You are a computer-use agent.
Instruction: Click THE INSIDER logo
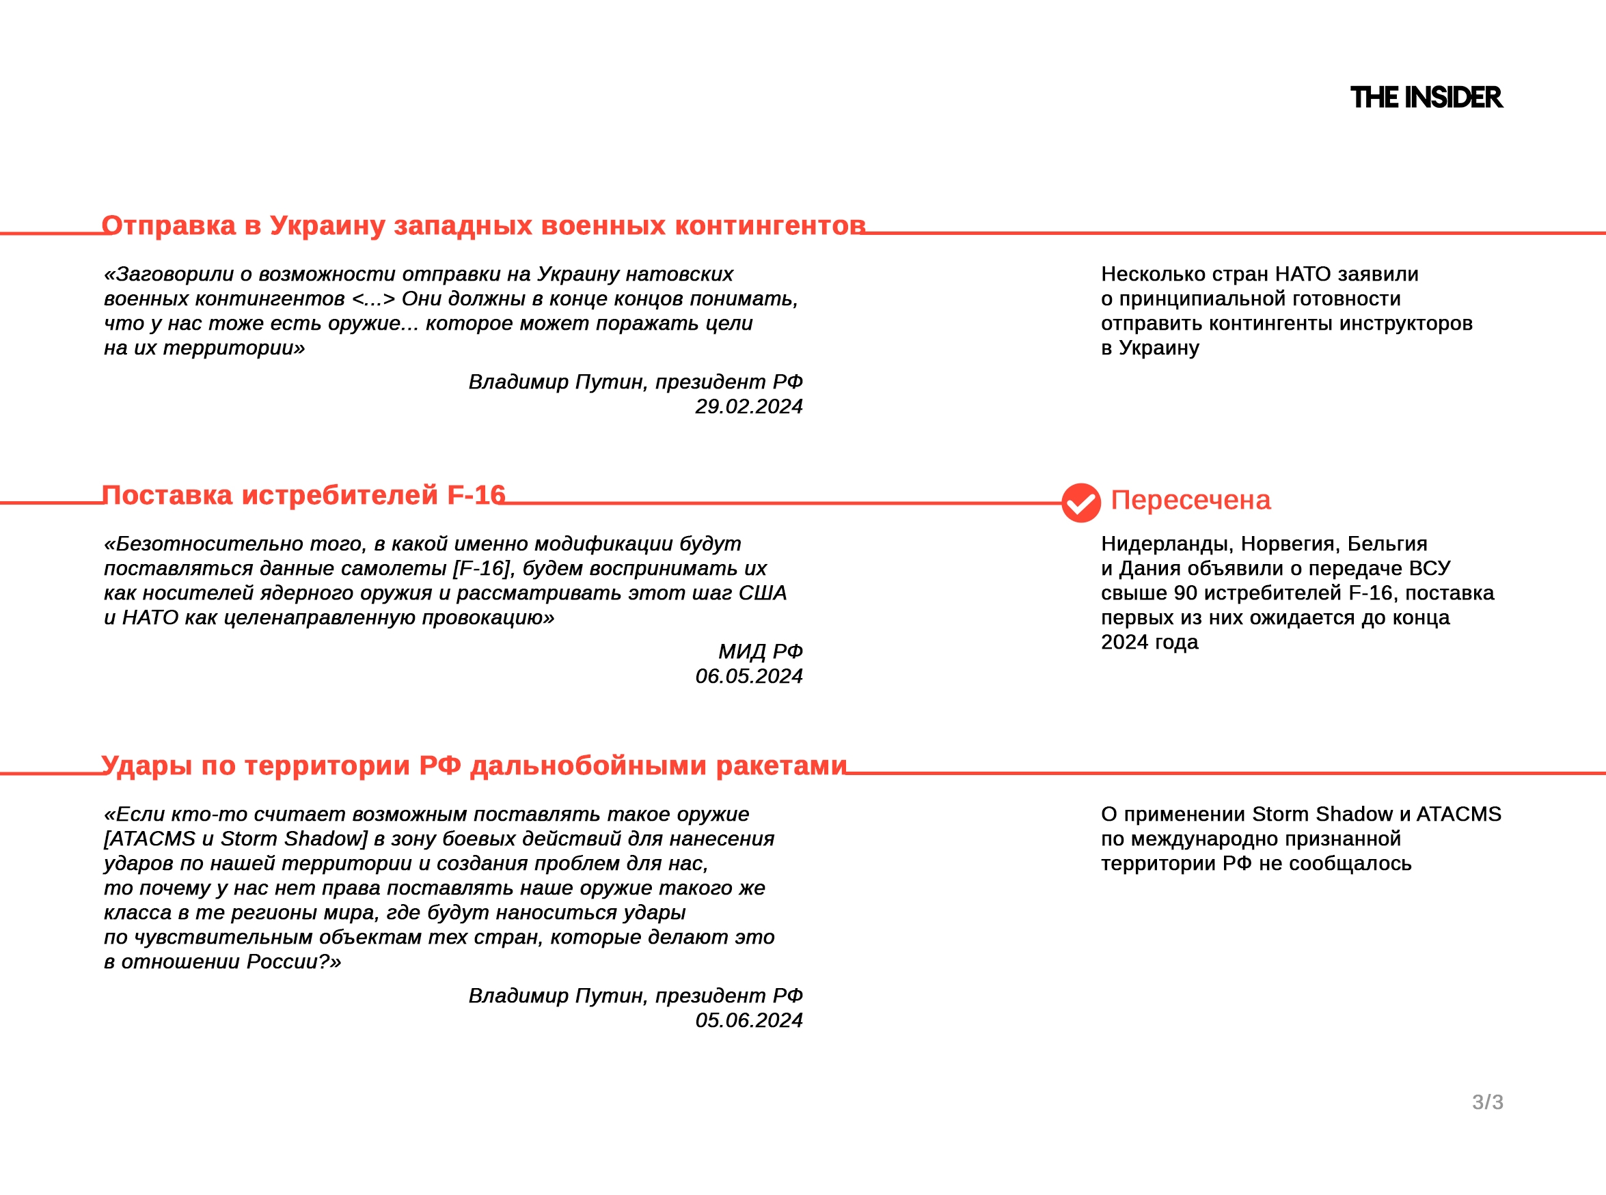[1426, 98]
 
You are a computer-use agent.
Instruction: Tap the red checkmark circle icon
[1080, 503]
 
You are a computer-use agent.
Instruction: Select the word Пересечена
[1190, 501]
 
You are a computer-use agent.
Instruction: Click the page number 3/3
[1487, 1102]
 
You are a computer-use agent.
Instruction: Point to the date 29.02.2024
[748, 406]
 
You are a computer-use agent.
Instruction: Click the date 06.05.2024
[748, 676]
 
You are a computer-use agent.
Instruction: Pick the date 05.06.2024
[748, 1021]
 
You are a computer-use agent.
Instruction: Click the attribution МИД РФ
[760, 651]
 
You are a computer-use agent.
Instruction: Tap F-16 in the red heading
[476, 496]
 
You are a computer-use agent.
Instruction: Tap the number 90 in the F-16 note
[1186, 593]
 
